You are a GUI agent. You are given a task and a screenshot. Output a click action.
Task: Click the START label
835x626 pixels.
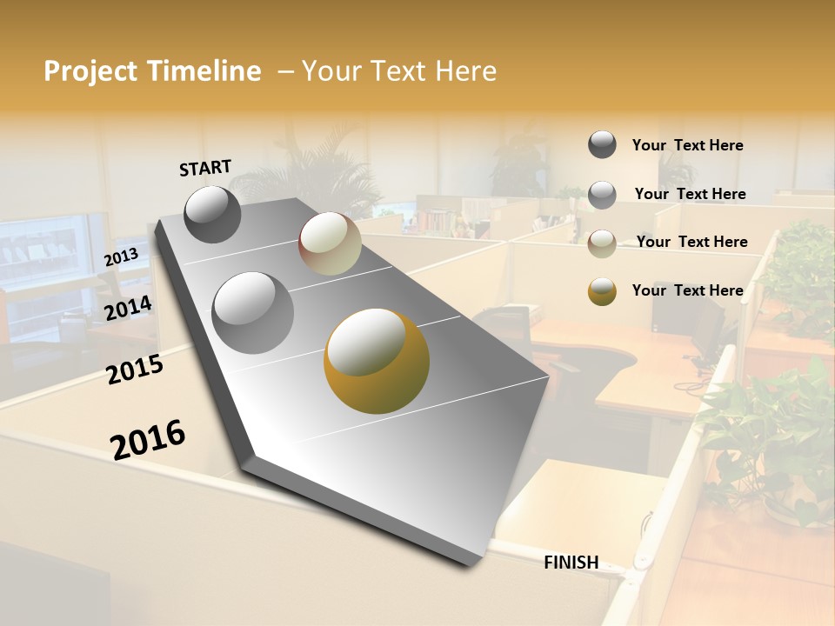[x=205, y=168]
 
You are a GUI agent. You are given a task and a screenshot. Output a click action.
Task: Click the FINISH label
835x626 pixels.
[x=571, y=563]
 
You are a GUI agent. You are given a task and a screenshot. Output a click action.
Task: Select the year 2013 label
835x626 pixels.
[x=122, y=256]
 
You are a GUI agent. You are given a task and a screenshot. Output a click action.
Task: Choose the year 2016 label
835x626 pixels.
[x=148, y=438]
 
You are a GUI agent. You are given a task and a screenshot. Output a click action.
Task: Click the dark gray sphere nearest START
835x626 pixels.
[x=213, y=214]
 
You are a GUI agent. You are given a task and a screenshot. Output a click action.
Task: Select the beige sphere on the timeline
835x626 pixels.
[x=331, y=243]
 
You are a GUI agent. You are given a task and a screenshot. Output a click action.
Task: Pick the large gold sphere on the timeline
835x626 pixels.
[x=377, y=360]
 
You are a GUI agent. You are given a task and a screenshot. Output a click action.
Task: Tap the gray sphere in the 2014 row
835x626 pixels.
[x=253, y=312]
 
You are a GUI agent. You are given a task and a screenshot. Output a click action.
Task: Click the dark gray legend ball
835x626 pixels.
[x=602, y=144]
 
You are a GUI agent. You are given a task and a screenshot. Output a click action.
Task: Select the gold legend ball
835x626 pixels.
[x=602, y=291]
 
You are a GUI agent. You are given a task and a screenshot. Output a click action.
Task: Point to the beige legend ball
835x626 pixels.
[x=602, y=243]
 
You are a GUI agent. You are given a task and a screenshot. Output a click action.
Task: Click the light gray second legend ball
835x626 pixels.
[x=602, y=195]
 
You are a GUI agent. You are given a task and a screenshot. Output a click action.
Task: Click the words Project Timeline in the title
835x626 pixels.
[x=152, y=71]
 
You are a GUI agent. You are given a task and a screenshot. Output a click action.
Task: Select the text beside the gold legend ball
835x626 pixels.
[x=687, y=290]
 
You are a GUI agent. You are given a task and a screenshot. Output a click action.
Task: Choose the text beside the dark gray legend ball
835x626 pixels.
[x=687, y=145]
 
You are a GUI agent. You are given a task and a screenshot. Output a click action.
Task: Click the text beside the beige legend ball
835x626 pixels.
[x=691, y=242]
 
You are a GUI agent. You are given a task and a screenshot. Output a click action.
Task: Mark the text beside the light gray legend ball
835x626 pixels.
[x=690, y=194]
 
